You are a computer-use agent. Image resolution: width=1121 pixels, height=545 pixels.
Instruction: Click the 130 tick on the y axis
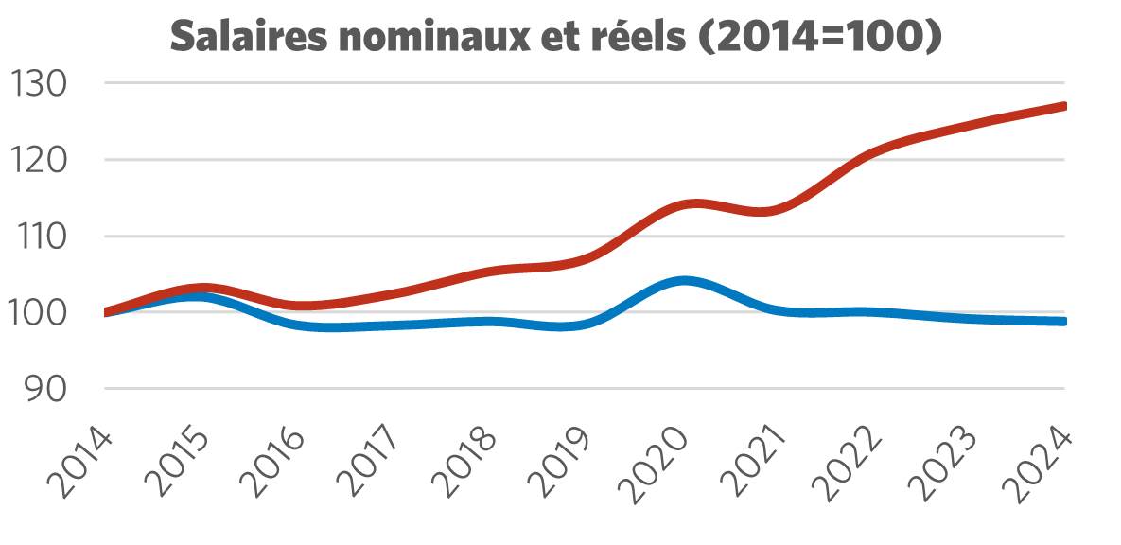41,84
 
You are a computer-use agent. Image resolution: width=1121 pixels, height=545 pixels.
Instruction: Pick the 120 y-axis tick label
41,160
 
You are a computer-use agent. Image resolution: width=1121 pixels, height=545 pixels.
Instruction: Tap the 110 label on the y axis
41,237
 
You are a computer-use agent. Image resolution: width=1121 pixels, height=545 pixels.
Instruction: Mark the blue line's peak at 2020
683,281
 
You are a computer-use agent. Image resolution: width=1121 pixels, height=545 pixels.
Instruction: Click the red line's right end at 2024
1063,106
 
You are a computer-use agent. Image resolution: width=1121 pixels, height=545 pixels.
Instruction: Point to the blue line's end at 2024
1063,322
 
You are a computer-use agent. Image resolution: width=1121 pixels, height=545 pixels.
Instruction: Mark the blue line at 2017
393,325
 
